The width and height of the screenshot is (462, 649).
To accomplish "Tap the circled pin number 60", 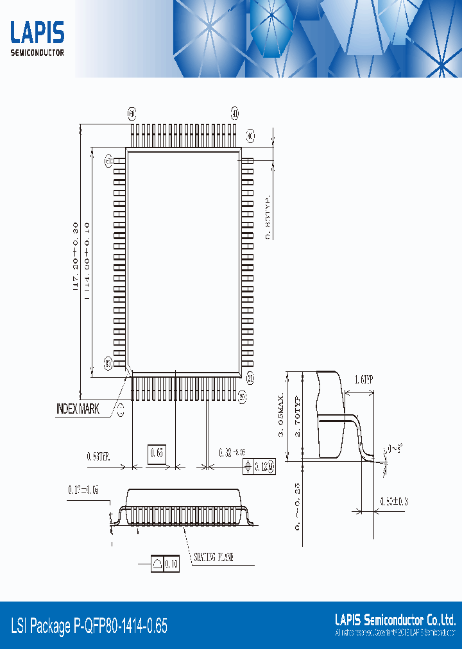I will pyautogui.click(x=132, y=114).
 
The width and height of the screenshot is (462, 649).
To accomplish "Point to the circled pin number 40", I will pyautogui.click(x=250, y=136).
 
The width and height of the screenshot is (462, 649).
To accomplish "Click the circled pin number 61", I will pyautogui.click(x=108, y=160).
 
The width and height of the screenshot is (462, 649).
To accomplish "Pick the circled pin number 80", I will pyautogui.click(x=108, y=364).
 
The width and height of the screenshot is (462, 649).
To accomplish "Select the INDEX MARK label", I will pyautogui.click(x=78, y=409).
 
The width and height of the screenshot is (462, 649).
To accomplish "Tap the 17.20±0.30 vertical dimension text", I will pyautogui.click(x=75, y=257).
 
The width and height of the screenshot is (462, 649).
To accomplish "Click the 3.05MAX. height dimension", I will pyautogui.click(x=280, y=416).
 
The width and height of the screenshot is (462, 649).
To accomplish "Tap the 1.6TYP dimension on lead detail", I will pyautogui.click(x=364, y=380).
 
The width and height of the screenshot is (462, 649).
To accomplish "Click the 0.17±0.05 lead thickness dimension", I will pyautogui.click(x=83, y=491).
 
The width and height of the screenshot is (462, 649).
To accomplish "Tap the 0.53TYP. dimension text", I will pyautogui.click(x=99, y=457).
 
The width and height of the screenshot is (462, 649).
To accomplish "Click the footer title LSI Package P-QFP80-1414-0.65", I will pyautogui.click(x=89, y=626).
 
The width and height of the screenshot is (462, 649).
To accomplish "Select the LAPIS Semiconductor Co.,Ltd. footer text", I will pyautogui.click(x=395, y=619).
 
